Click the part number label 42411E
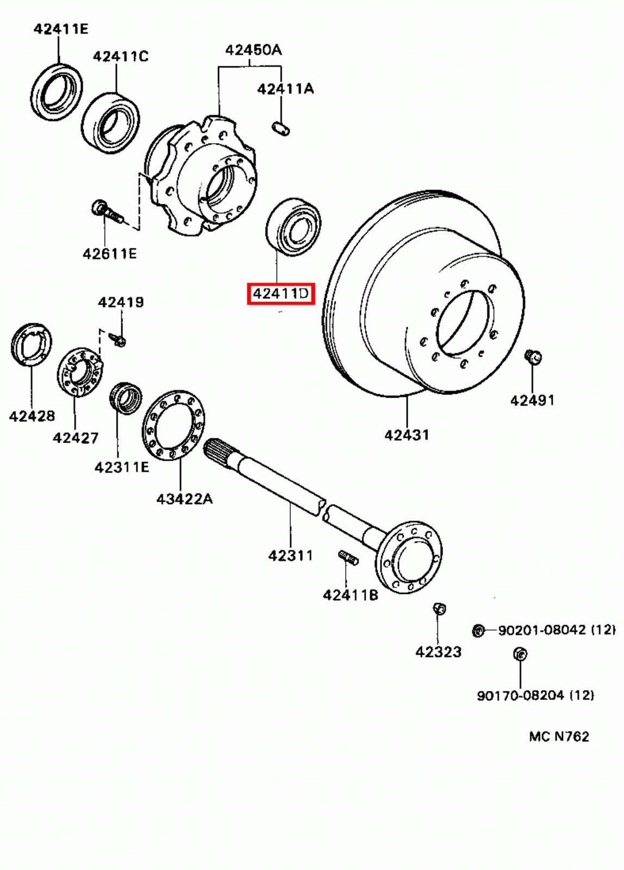coord(60,29)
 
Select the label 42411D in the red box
coord(281,294)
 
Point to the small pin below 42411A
coord(280,129)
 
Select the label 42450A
coord(253,50)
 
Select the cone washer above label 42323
coord(439,609)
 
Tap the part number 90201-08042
coord(542,630)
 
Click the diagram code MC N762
coord(559,736)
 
